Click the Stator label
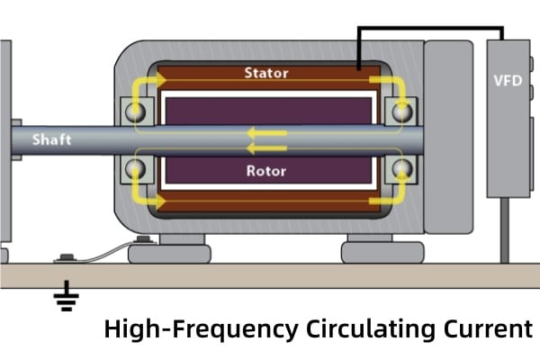pos(265,71)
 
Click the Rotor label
pos(265,168)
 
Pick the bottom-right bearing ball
pos(398,168)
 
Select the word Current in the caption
pos(486,329)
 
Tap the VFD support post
pos(507,229)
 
